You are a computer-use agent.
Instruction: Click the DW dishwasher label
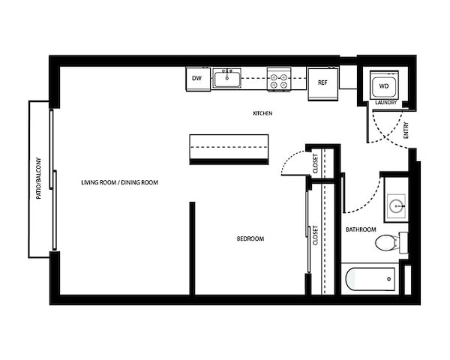(196, 78)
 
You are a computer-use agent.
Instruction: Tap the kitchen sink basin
(226, 79)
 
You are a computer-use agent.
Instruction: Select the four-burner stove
(279, 79)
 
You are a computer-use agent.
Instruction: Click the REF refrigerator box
(322, 84)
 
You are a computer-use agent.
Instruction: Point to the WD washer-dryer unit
(384, 85)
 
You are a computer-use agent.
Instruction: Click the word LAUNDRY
(386, 103)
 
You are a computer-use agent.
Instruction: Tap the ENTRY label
(406, 130)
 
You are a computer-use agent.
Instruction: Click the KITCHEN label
(262, 113)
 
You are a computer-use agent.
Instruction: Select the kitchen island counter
(229, 149)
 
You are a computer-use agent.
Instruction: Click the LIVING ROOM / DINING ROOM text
(120, 182)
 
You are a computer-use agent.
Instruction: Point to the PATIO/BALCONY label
(38, 178)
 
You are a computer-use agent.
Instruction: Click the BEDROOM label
(250, 238)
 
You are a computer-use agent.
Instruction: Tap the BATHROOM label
(361, 229)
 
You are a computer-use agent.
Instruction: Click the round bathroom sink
(396, 205)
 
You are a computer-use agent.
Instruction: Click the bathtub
(370, 279)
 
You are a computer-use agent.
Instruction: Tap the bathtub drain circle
(388, 279)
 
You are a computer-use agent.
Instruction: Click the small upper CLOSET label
(316, 163)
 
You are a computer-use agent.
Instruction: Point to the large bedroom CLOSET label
(316, 235)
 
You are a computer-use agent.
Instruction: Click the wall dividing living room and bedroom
(192, 248)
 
